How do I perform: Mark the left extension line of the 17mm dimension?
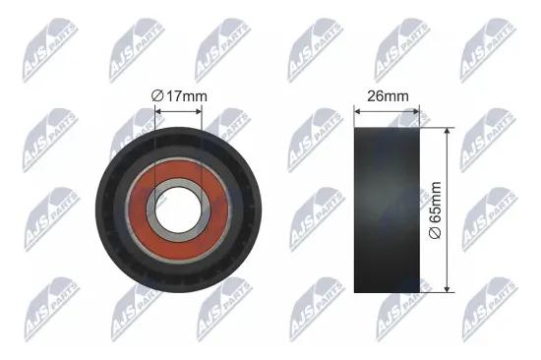(x=155, y=133)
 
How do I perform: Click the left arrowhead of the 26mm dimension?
(x=357, y=109)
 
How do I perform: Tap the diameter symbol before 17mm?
(x=157, y=95)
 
